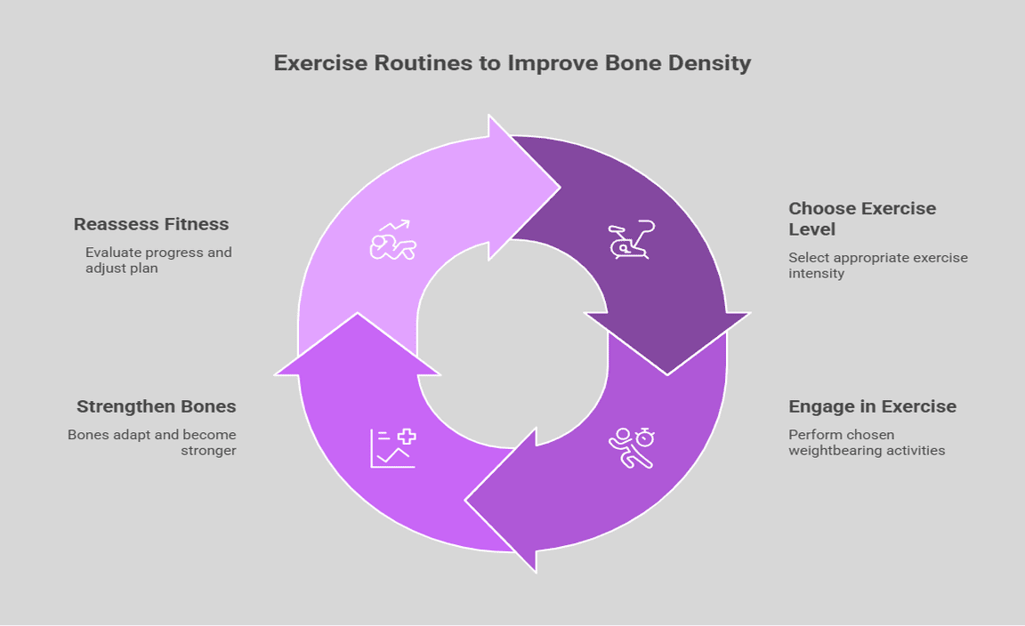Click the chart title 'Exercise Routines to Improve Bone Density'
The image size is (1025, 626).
(x=512, y=63)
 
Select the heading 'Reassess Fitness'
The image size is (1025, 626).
(x=151, y=224)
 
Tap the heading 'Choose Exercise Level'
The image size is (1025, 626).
(x=861, y=219)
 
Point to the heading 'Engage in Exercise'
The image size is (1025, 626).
(x=872, y=406)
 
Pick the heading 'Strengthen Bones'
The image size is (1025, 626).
(x=156, y=406)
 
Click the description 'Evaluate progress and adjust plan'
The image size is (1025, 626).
(x=157, y=260)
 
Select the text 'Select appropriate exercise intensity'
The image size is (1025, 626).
(x=877, y=265)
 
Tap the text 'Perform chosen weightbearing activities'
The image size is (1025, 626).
(x=866, y=442)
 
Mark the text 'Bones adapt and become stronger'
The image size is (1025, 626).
(x=151, y=442)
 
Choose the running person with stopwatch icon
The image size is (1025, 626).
(x=632, y=447)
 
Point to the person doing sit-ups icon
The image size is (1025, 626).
(x=392, y=240)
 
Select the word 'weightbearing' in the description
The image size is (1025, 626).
(x=835, y=450)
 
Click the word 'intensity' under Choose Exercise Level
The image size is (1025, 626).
(x=816, y=273)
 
